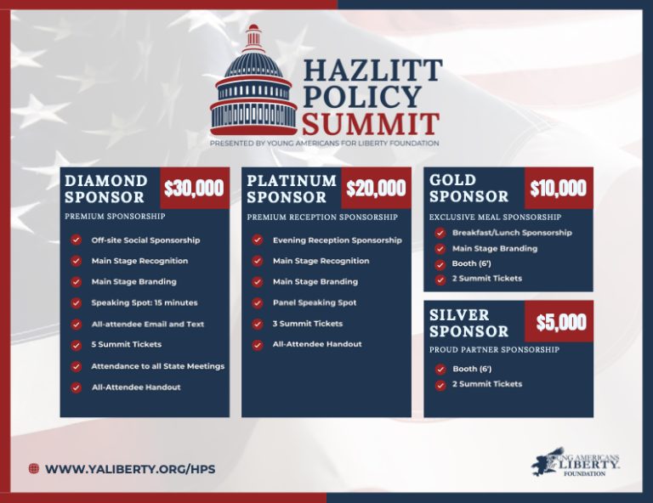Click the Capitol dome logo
pyautogui.click(x=253, y=81)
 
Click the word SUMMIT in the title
pyautogui.click(x=371, y=124)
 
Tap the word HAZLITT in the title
pyautogui.click(x=372, y=70)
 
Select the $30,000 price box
pyautogui.click(x=195, y=188)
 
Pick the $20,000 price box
pyautogui.click(x=376, y=188)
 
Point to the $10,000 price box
pyautogui.click(x=559, y=188)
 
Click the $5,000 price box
pyautogui.click(x=559, y=321)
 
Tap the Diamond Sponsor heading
pyautogui.click(x=106, y=189)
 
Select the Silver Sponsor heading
pyautogui.click(x=469, y=323)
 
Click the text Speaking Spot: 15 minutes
pyautogui.click(x=145, y=302)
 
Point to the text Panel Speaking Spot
pyautogui.click(x=315, y=302)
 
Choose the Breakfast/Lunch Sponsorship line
pyautogui.click(x=512, y=233)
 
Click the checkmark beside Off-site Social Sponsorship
pyautogui.click(x=76, y=240)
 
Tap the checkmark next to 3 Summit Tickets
pyautogui.click(x=258, y=324)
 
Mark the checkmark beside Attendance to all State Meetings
pyautogui.click(x=76, y=366)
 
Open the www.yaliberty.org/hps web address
pyautogui.click(x=130, y=469)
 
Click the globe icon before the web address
pyautogui.click(x=34, y=469)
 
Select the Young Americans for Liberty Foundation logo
pyautogui.click(x=575, y=462)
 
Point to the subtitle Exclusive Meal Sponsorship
pyautogui.click(x=495, y=217)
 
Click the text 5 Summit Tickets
pyautogui.click(x=126, y=344)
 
